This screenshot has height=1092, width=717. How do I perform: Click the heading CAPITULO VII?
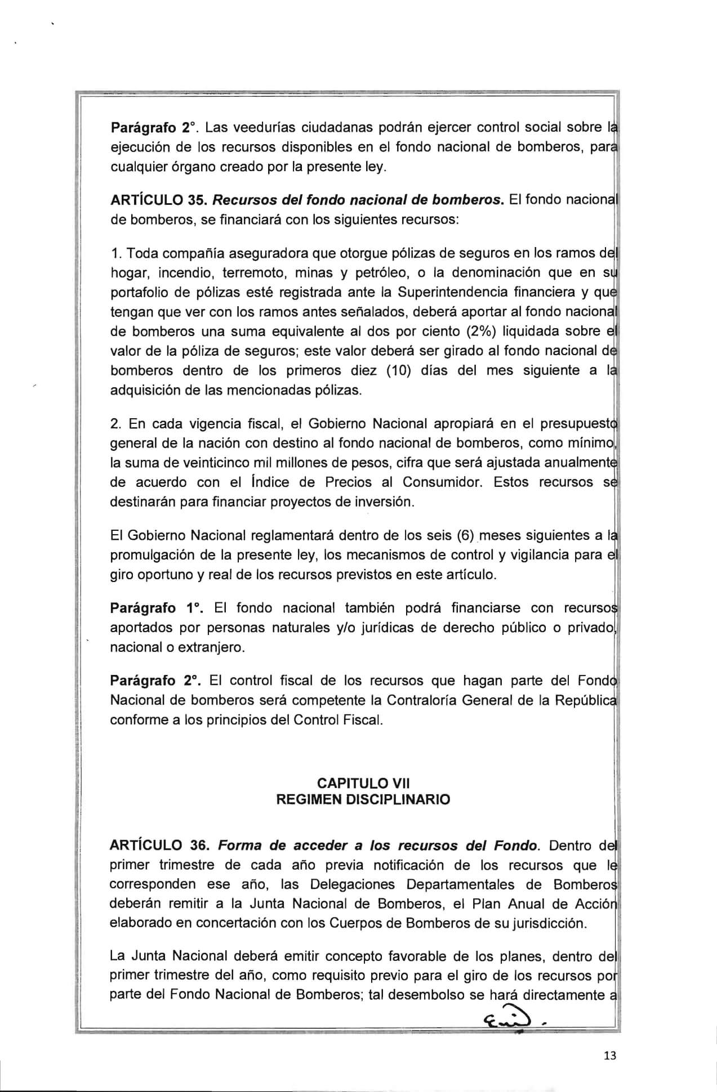click(x=363, y=783)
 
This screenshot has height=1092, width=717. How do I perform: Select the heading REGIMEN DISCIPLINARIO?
click(x=363, y=800)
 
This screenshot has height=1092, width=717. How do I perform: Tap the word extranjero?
click(x=211, y=647)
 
